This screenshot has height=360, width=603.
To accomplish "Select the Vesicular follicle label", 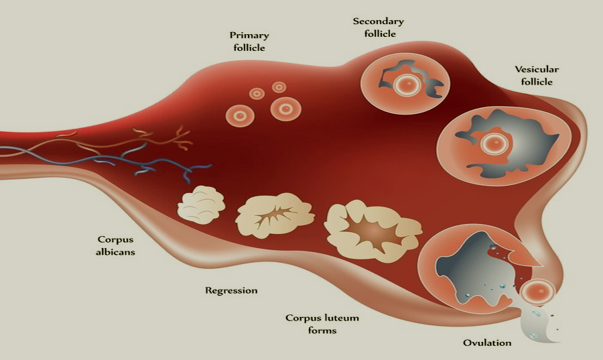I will click(537, 75).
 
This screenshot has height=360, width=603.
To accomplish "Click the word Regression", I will click(231, 290).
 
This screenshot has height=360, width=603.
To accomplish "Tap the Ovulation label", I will click(487, 343).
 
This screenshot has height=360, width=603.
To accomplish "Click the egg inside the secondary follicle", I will click(405, 84).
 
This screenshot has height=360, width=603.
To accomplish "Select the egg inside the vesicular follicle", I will click(494, 143).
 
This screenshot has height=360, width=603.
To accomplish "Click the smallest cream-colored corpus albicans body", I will click(200, 204).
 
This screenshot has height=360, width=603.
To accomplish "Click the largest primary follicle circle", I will click(285, 107).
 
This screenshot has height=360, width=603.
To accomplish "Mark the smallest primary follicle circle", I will click(256, 93).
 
